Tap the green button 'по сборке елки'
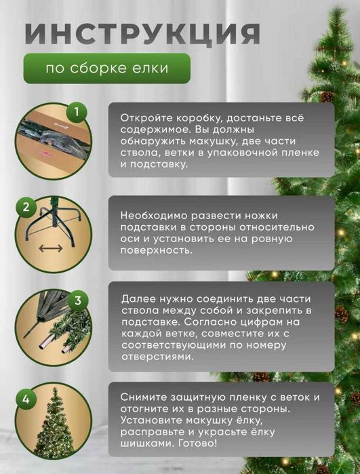point(106,68)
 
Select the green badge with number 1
point(77,111)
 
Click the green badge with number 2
point(27,207)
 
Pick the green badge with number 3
point(78,300)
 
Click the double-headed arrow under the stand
point(50,248)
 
